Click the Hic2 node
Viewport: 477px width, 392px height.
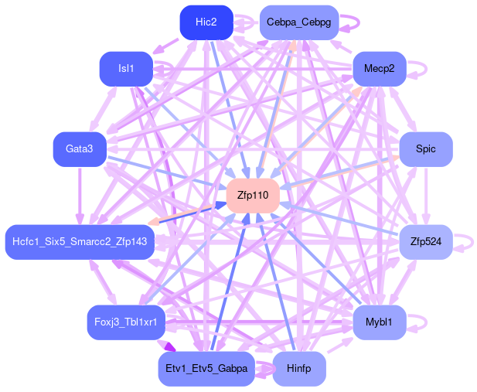(206, 22)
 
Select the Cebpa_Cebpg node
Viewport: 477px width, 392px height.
(298, 22)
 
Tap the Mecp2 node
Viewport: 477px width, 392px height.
(379, 69)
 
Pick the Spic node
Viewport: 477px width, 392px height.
(425, 148)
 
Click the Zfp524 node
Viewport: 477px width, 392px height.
(425, 242)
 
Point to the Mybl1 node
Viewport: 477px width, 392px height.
(379, 322)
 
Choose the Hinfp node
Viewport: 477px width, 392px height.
(298, 369)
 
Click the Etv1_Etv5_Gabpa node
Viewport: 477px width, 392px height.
(206, 369)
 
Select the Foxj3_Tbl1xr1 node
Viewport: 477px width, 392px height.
(125, 322)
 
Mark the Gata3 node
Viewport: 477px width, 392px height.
(79, 148)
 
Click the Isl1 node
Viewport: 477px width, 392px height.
(125, 69)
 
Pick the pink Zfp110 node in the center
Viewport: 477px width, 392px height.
(252, 196)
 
